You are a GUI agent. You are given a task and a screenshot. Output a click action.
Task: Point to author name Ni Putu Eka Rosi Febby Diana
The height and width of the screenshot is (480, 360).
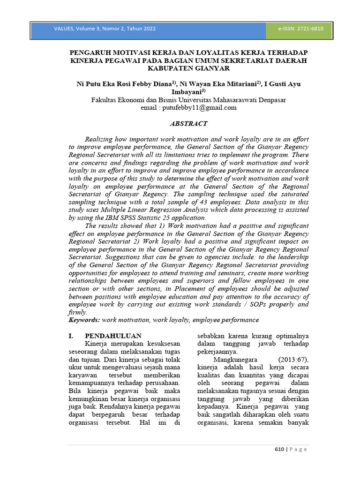(124, 84)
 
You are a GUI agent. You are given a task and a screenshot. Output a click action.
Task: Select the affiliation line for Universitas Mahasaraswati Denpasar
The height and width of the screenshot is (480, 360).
(188, 100)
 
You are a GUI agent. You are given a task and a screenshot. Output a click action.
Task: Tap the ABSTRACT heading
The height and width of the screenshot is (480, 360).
(188, 123)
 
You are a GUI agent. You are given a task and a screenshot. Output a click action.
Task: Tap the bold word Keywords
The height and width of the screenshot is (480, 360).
(84, 320)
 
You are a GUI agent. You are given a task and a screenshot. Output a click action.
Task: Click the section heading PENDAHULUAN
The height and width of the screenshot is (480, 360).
(112, 336)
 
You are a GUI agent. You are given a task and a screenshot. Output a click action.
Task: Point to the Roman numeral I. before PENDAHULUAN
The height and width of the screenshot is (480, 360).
(71, 336)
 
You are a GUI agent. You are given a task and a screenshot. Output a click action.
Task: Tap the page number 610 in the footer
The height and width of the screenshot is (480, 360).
(279, 449)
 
